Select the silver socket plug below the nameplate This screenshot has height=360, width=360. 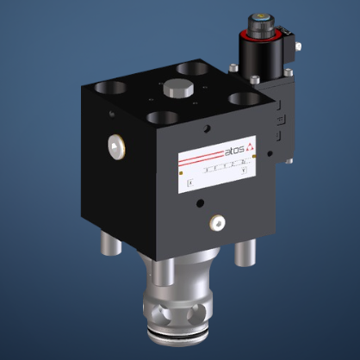coord(214,223)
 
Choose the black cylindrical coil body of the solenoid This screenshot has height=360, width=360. coord(263,56)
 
